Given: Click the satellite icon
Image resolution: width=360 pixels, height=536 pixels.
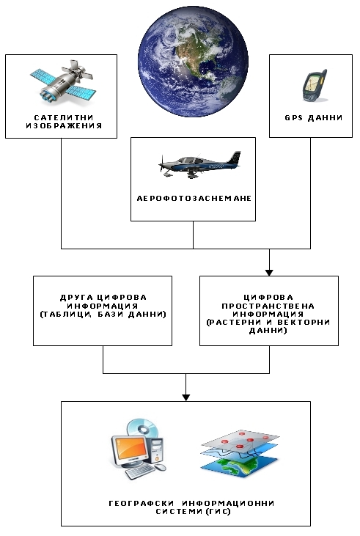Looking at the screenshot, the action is pyautogui.click(x=63, y=82).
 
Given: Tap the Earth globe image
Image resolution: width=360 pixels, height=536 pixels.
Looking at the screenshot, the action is pyautogui.click(x=193, y=62).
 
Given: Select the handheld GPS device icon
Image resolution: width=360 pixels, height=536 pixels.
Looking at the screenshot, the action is pyautogui.click(x=315, y=86).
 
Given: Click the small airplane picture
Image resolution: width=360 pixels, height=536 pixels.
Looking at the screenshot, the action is pyautogui.click(x=199, y=164).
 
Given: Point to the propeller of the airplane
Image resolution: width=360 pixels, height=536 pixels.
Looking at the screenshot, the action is pyautogui.click(x=161, y=164).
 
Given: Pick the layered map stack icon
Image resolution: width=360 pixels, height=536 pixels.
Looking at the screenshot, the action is pyautogui.click(x=240, y=453).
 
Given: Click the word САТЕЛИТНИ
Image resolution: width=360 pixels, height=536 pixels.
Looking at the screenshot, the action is pyautogui.click(x=64, y=117).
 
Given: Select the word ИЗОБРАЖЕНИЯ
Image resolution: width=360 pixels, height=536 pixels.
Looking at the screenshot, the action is pyautogui.click(x=64, y=126).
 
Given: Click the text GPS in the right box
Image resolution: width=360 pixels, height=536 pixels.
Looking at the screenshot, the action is pyautogui.click(x=294, y=118).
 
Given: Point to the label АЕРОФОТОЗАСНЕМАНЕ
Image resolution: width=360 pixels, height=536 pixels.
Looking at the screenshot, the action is pyautogui.click(x=194, y=199).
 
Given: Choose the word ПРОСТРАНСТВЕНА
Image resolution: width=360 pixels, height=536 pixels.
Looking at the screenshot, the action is pyautogui.click(x=268, y=306).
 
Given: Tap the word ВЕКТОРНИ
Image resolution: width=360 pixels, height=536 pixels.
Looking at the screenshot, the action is pyautogui.click(x=304, y=323).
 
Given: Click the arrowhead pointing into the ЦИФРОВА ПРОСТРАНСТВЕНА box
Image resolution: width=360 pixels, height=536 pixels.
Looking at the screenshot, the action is pyautogui.click(x=269, y=273).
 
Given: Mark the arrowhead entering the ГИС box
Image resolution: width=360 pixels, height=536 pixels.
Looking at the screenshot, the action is pyautogui.click(x=185, y=397).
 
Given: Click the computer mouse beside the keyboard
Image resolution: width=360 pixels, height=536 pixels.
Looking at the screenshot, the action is pyautogui.click(x=161, y=467).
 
